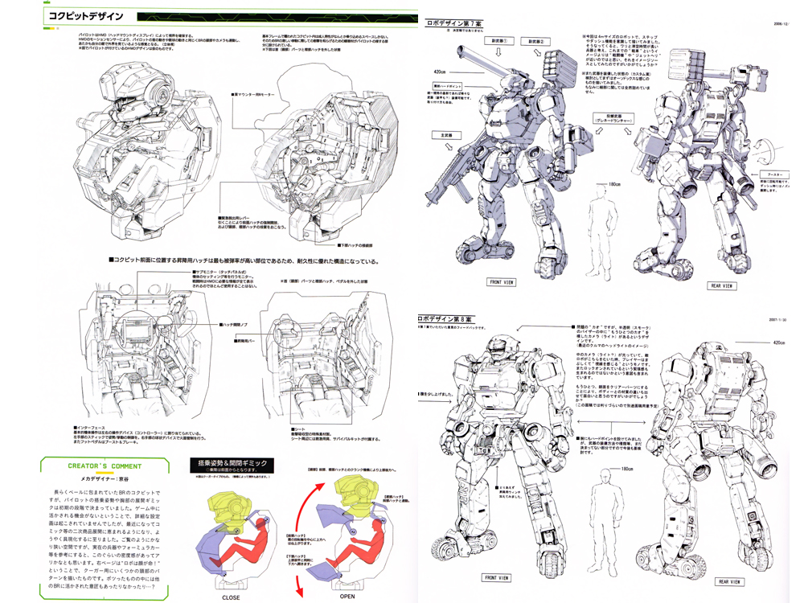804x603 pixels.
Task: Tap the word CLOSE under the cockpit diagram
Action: (232, 597)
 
